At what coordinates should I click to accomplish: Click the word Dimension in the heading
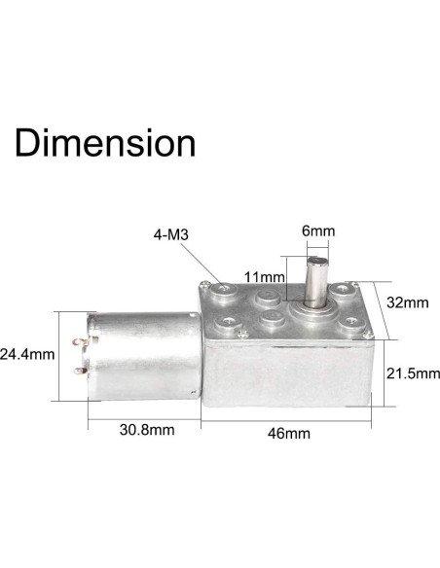104,142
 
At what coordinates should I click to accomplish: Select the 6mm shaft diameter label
317,232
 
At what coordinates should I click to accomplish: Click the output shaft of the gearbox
318,282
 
